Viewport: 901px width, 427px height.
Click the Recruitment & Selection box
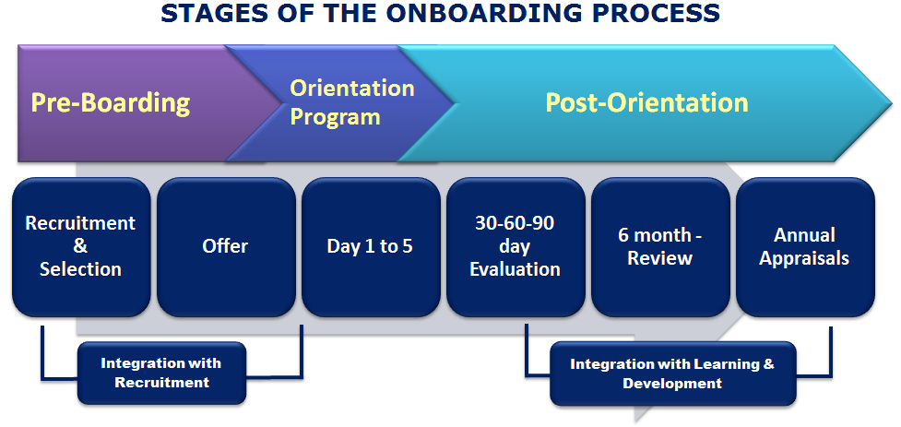click(81, 246)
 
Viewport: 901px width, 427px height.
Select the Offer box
click(226, 246)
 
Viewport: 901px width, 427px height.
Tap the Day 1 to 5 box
click(370, 246)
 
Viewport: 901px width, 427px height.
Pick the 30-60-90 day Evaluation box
click(516, 246)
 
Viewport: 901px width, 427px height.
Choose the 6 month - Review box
click(659, 246)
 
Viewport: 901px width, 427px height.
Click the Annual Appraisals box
click(804, 246)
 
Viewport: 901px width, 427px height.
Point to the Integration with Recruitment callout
click(161, 373)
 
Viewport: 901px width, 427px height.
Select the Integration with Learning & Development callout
click(672, 373)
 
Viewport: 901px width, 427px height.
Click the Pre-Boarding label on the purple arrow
click(111, 102)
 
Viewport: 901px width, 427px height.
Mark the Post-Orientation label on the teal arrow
click(646, 102)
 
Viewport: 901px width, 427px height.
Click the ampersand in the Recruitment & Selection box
click(80, 246)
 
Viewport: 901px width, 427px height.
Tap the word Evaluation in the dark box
click(516, 269)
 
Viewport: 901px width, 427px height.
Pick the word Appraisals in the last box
click(804, 258)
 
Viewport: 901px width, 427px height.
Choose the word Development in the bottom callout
click(672, 383)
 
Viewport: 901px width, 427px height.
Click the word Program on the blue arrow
click(335, 117)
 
